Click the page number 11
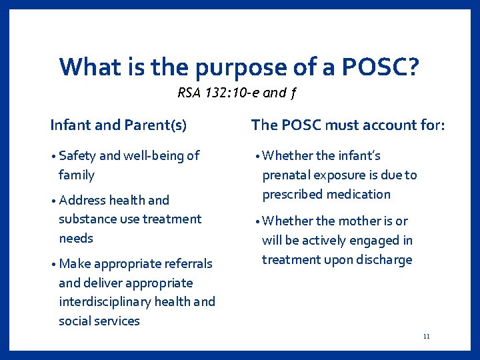pos(426,337)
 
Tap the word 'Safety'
pos(77,156)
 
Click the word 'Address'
pos(82,200)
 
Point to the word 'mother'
pos(383,221)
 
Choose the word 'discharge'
pos(380,260)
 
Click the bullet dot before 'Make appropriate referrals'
pos(53,264)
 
